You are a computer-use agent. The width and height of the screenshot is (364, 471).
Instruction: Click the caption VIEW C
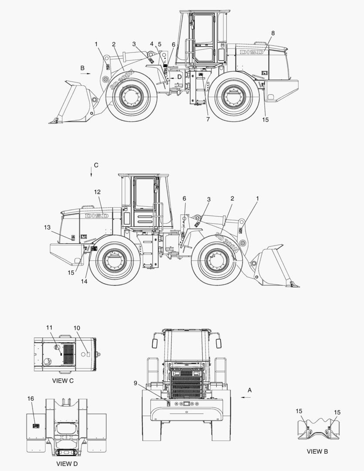63,381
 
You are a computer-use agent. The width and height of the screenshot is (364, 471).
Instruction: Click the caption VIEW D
67,464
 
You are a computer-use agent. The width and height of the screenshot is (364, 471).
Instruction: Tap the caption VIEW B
317,451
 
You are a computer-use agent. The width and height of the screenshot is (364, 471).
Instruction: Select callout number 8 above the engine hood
273,33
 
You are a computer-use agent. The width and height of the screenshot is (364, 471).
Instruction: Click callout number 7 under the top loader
208,119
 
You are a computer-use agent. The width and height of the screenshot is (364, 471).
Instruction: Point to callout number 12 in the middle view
97,191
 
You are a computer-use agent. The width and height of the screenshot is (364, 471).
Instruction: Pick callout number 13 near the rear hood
48,227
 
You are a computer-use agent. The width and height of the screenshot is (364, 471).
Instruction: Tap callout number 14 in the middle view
84,281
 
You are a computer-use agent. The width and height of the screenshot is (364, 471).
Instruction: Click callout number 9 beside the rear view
136,383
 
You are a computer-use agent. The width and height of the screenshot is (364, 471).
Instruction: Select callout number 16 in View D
31,399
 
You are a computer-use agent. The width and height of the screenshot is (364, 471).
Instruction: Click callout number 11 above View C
49,328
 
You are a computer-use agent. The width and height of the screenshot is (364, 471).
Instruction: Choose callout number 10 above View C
77,328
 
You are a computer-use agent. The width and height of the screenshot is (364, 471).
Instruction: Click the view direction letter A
250,390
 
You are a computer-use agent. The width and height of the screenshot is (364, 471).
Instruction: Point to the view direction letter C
96,165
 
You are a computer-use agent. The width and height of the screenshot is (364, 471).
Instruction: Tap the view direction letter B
82,68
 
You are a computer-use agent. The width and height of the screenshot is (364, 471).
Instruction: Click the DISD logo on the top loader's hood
251,52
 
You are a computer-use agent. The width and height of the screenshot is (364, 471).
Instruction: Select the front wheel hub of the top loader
131,96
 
